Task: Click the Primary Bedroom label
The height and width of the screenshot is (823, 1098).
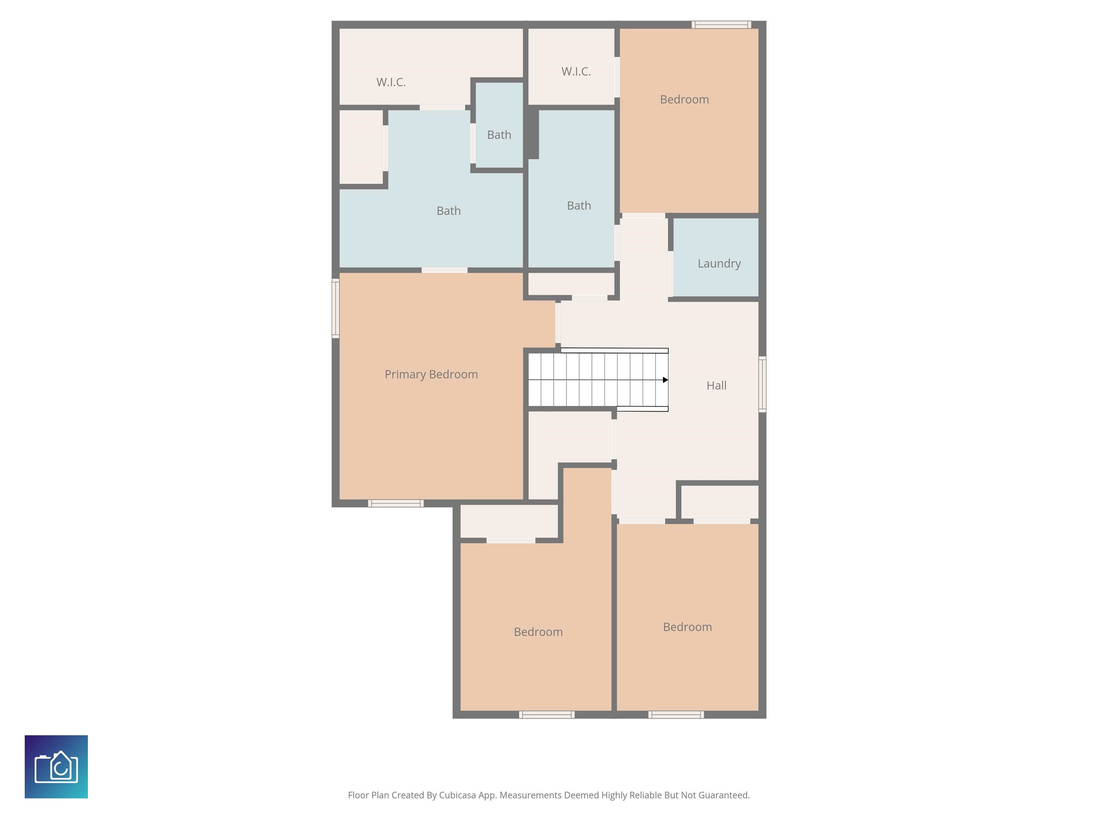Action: click(431, 375)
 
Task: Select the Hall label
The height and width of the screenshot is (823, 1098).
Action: click(716, 385)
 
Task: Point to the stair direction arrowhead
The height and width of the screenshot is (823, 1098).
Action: click(665, 380)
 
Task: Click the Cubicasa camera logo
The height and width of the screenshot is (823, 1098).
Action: click(56, 767)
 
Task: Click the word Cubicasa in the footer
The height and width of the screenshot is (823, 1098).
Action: click(457, 795)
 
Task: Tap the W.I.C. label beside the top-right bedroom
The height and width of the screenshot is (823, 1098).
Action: click(576, 71)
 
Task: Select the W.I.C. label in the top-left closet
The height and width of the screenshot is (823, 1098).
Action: click(391, 83)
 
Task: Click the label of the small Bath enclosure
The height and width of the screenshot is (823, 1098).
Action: click(499, 135)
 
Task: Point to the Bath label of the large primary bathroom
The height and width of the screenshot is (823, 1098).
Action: click(448, 211)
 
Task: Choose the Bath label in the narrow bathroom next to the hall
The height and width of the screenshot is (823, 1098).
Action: click(579, 205)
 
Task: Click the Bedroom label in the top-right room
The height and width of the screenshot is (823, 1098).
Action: click(684, 99)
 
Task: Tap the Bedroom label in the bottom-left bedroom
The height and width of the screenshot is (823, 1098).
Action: click(538, 632)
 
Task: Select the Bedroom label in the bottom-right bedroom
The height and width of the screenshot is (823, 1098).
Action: click(687, 627)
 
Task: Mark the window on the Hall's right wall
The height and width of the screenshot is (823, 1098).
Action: click(762, 384)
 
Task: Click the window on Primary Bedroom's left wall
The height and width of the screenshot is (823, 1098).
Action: click(336, 309)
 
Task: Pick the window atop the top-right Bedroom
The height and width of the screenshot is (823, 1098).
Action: click(721, 25)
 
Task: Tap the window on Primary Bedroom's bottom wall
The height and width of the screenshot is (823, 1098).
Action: click(396, 504)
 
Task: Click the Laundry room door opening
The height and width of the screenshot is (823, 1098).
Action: click(671, 274)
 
